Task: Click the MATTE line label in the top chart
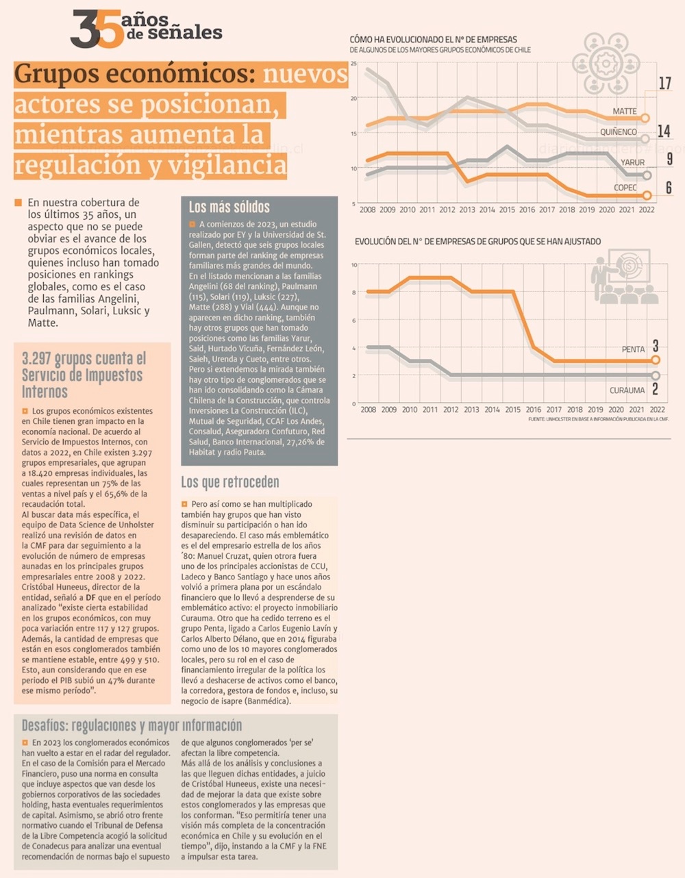624,111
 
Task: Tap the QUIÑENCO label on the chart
618,131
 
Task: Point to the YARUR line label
632,162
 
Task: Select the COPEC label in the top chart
625,188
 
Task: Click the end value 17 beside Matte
664,84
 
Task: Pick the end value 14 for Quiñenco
663,131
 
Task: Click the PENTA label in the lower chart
633,349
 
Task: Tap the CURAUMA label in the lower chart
627,390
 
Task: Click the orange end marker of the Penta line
656,360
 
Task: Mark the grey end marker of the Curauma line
656,375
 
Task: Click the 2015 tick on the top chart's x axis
507,210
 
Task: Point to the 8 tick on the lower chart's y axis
353,292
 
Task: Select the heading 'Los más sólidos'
229,207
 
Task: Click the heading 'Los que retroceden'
229,483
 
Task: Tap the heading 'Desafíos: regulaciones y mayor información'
132,725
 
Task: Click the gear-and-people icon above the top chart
606,64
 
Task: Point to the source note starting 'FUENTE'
597,419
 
